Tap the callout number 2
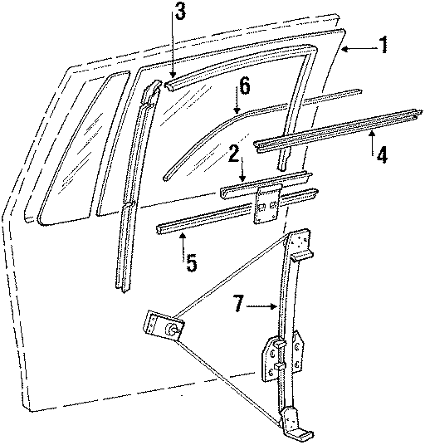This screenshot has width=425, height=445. click(x=235, y=153)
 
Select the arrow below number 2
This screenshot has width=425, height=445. click(x=241, y=174)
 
